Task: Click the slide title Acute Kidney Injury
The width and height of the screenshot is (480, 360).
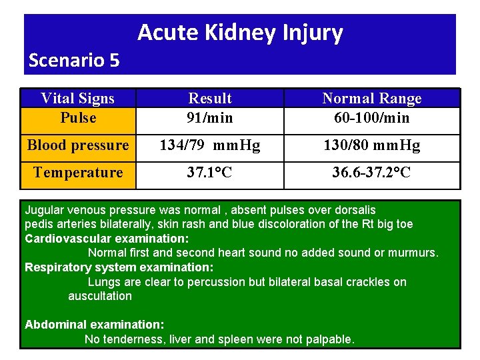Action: coord(240,33)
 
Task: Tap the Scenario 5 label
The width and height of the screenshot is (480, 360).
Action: coord(74,61)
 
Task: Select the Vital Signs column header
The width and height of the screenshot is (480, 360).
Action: coord(78,99)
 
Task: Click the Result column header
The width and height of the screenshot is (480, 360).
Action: coord(210,99)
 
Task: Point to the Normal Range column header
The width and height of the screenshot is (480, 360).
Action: coord(372,99)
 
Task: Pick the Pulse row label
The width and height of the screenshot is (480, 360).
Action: coord(78,118)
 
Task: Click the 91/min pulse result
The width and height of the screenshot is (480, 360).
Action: coord(210,118)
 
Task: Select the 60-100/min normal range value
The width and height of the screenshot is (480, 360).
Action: coord(372,118)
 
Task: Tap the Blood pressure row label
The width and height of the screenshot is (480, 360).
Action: coord(78,145)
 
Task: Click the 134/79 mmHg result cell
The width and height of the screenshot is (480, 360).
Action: coord(210,145)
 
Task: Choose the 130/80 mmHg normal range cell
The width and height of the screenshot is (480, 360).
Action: coord(372,145)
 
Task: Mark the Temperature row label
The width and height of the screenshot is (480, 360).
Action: coord(78,173)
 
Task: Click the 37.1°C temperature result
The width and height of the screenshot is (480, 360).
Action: coord(210,173)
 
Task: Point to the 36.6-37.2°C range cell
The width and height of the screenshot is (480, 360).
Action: coord(372,173)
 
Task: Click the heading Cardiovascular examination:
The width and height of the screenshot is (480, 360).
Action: coord(107,238)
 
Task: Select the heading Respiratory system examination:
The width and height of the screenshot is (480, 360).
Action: coord(119,267)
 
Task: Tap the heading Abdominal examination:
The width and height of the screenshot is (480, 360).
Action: coord(94,325)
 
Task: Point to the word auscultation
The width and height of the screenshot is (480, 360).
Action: coord(100,296)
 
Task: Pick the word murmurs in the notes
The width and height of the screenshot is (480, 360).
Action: coord(414,253)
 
